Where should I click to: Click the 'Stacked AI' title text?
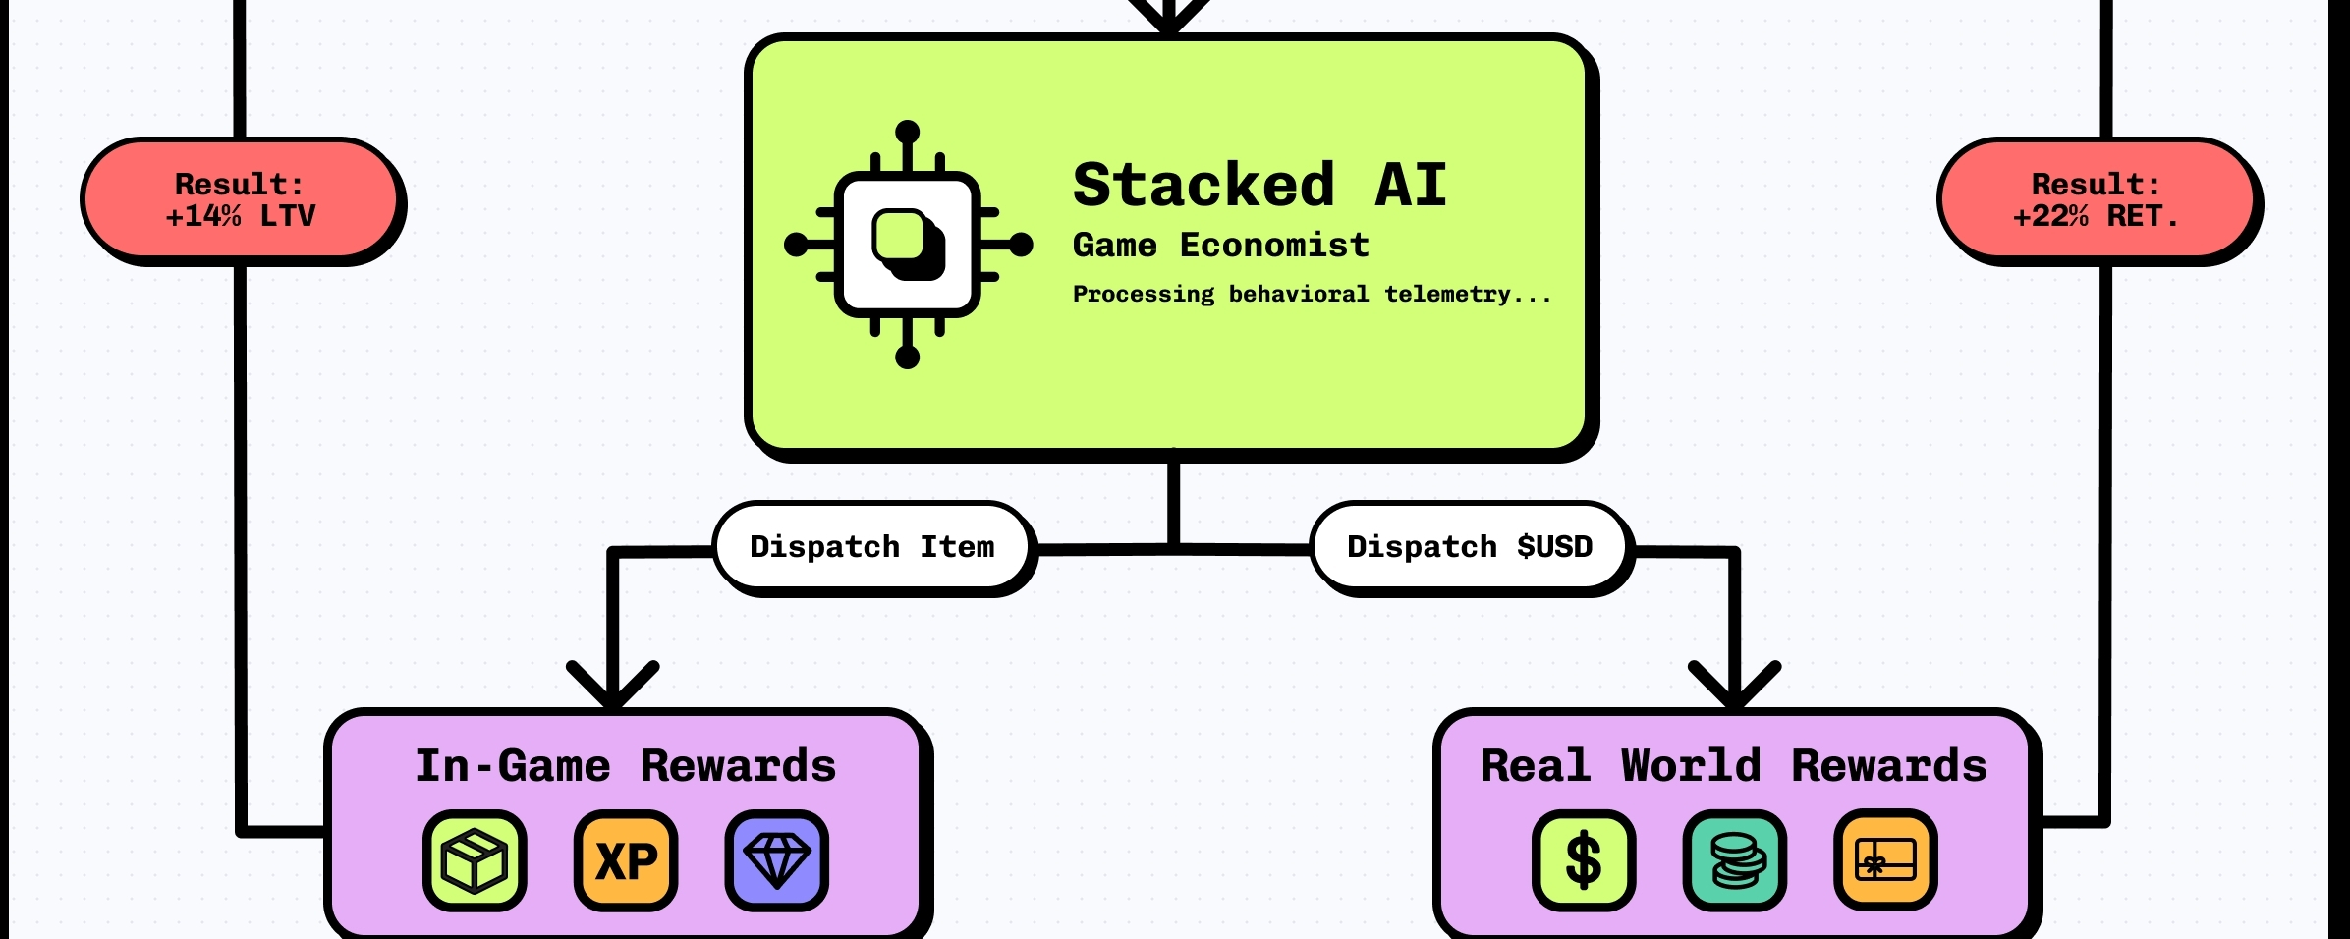[1259, 185]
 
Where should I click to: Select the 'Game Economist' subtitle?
[1220, 245]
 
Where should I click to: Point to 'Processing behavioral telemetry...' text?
[1312, 294]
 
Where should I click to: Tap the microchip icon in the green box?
[908, 245]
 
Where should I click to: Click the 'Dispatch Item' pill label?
[871, 547]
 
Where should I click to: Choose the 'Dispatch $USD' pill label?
[1469, 547]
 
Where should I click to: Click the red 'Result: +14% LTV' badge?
[241, 199]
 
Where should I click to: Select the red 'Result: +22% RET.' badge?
[2097, 199]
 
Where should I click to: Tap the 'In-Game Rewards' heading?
[625, 766]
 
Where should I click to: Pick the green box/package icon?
[475, 860]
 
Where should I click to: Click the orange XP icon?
[626, 860]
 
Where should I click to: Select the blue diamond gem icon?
[776, 860]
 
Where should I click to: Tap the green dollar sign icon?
[1583, 860]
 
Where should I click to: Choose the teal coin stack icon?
[1734, 860]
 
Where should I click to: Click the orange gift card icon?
[1884, 860]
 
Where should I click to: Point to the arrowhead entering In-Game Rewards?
[613, 688]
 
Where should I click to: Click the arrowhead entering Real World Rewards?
[1734, 688]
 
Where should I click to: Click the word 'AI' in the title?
[1411, 185]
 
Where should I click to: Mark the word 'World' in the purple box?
[1691, 766]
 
